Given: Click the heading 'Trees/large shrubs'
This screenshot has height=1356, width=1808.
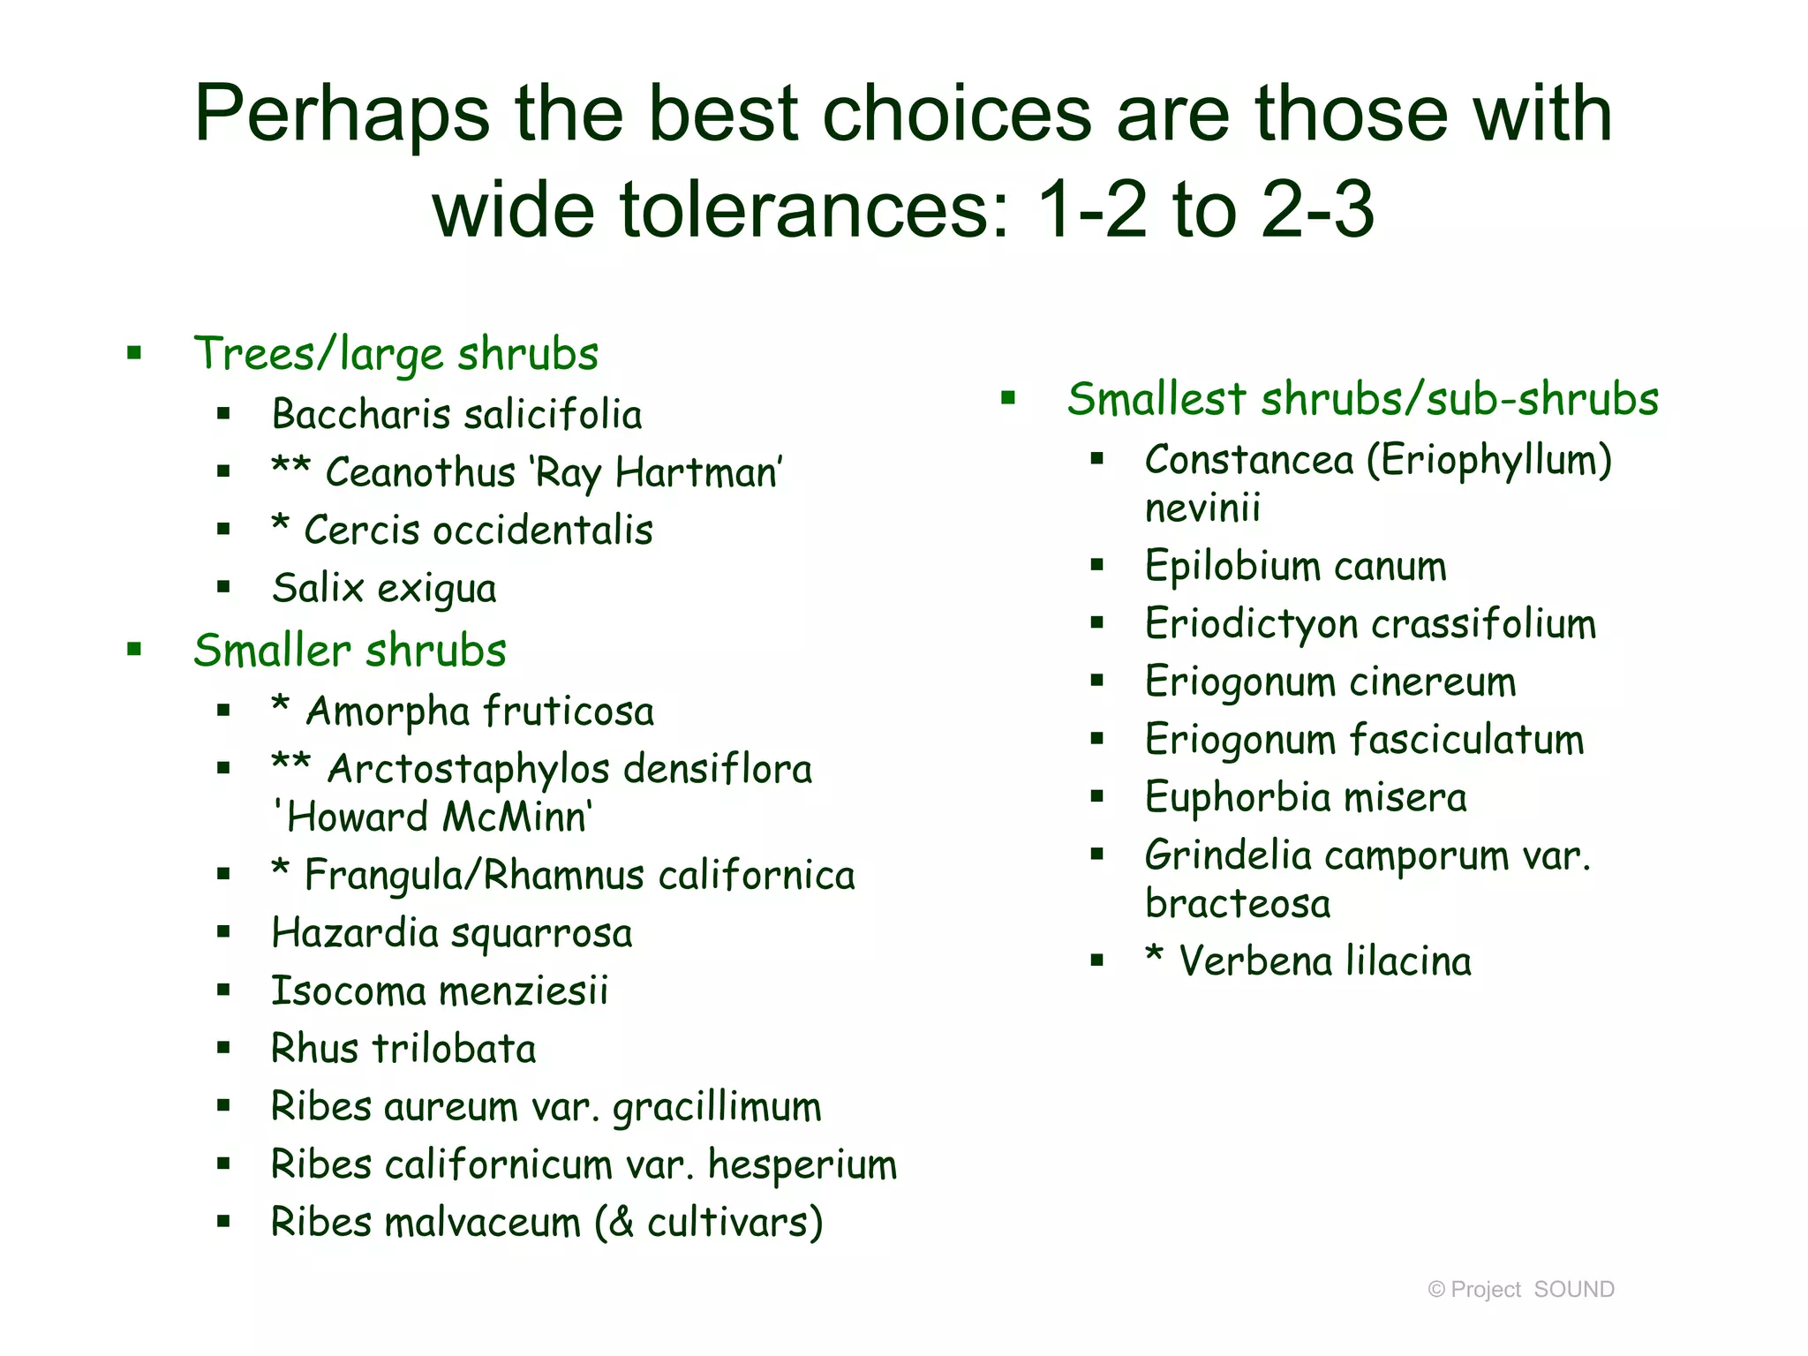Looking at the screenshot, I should (395, 354).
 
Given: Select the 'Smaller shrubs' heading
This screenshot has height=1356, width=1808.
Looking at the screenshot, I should (350, 651).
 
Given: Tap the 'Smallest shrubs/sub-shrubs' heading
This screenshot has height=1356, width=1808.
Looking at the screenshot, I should (1362, 399).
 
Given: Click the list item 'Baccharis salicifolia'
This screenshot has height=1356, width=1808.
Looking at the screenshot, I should (456, 415).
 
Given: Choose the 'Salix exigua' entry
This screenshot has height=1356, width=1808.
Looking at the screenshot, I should (384, 589).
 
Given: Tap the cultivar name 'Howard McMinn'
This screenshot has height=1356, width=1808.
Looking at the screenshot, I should (433, 817).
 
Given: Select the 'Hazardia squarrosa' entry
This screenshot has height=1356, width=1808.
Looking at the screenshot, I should (451, 934).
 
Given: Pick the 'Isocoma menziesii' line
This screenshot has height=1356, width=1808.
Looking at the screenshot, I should (439, 991).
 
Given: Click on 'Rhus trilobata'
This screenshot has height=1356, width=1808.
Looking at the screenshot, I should (403, 1050).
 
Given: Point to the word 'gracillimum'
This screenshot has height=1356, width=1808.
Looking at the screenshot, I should (717, 1108).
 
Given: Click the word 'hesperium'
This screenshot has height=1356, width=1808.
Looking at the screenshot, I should (802, 1165).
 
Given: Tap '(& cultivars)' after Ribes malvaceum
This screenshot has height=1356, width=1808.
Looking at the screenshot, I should (709, 1223).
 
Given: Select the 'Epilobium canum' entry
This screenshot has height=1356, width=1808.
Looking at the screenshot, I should (1295, 567).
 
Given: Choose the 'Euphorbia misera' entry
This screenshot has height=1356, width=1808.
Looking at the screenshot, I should (1305, 798).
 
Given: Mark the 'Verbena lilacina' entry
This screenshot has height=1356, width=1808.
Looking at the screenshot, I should (1324, 961).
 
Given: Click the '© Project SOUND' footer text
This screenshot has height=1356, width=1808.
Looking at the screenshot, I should (1520, 1290).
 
